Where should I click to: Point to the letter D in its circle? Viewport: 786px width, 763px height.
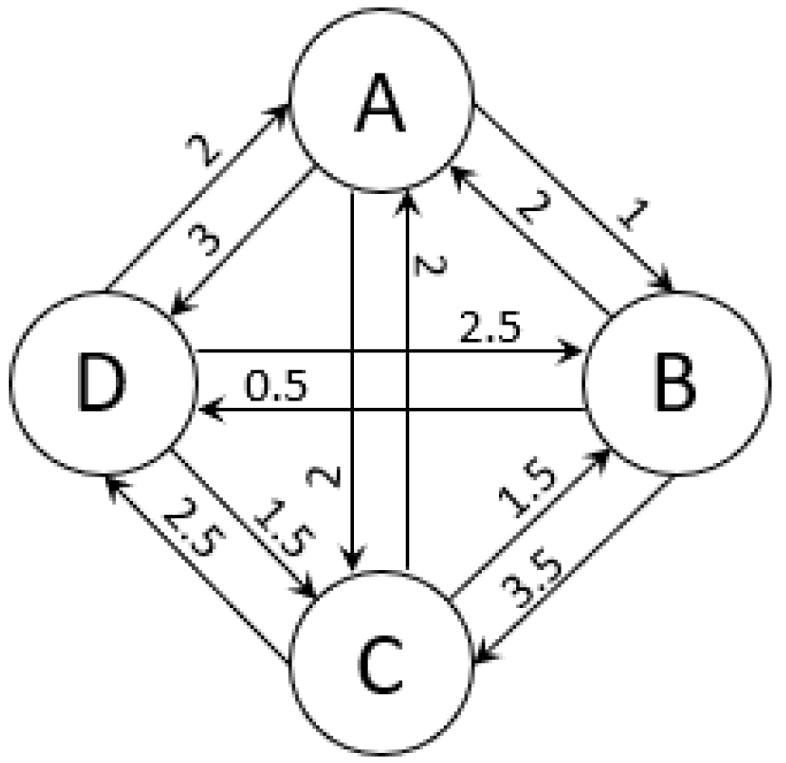click(x=99, y=383)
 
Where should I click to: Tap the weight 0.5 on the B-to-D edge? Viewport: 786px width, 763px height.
click(x=277, y=387)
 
